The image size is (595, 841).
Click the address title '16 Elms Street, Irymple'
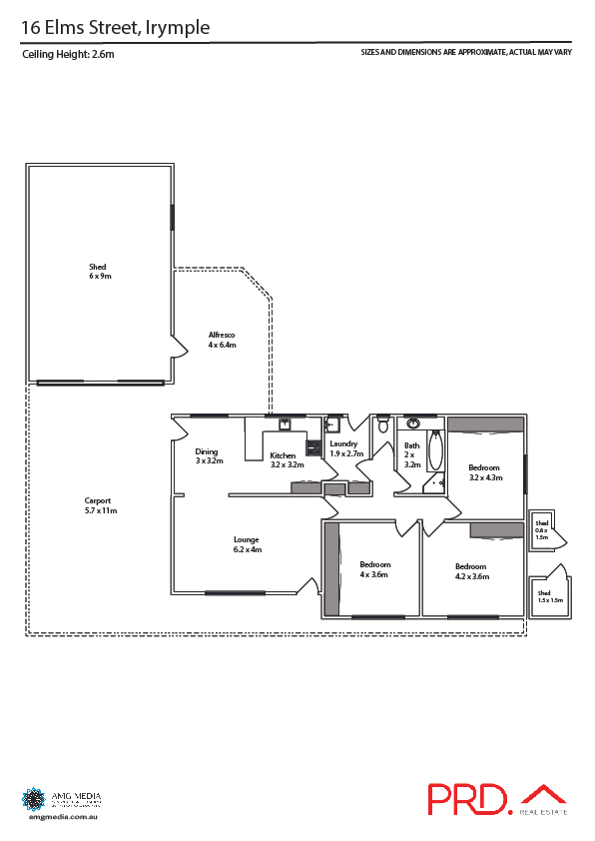tap(116, 28)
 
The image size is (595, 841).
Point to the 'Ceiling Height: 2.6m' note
tap(69, 55)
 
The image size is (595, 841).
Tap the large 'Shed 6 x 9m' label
tap(98, 272)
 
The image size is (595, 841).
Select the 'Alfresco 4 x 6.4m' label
tap(222, 339)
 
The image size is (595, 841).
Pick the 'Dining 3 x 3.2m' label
tap(208, 456)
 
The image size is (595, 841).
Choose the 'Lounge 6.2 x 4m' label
tap(247, 544)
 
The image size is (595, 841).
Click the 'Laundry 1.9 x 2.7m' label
tap(344, 448)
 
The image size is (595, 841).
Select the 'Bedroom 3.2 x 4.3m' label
tap(485, 471)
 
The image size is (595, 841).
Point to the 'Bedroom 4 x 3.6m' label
tap(375, 569)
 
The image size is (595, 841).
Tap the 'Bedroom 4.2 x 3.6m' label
tap(472, 570)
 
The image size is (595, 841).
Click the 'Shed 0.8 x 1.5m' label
tap(542, 530)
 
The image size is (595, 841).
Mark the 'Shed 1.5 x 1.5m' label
tap(550, 596)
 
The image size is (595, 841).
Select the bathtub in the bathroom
tap(435, 451)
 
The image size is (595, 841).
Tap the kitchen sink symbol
tap(284, 423)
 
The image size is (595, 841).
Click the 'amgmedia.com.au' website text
tap(61, 816)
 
